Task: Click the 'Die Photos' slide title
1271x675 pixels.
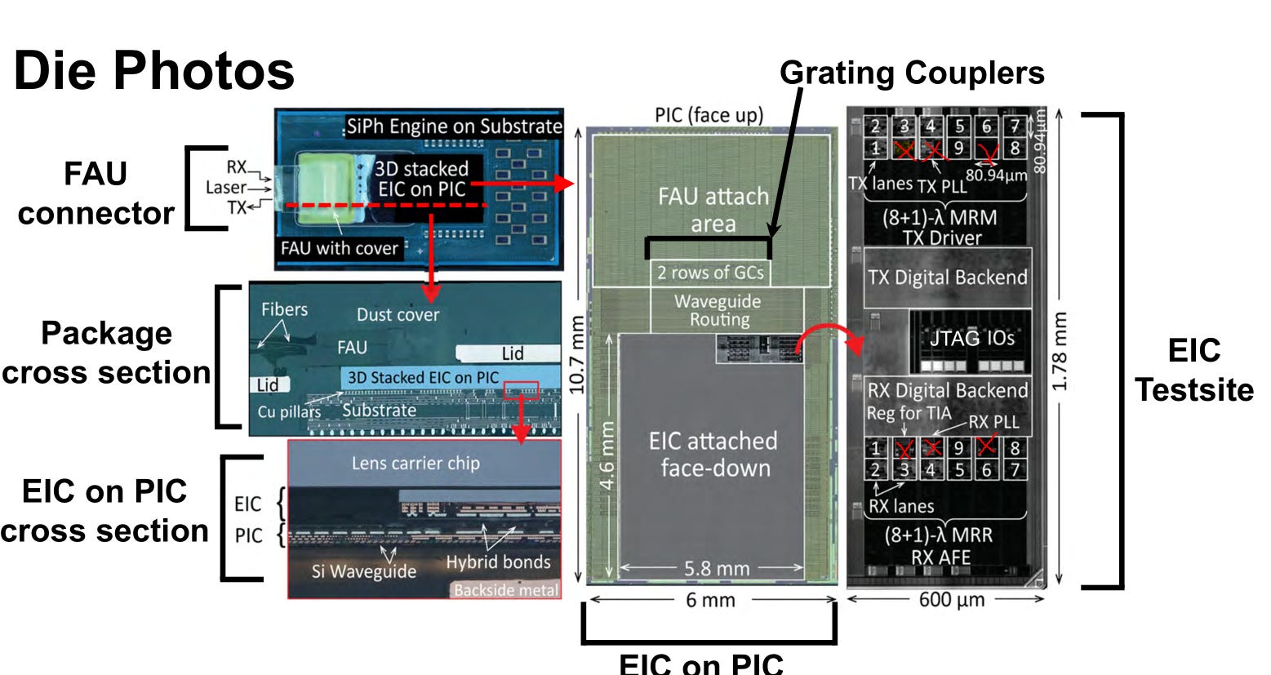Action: [x=153, y=70]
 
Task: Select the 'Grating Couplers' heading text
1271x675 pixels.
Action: [x=912, y=73]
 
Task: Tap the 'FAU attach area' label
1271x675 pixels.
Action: [x=713, y=210]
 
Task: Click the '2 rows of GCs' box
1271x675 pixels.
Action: [x=710, y=272]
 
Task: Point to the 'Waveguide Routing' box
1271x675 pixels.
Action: [x=718, y=310]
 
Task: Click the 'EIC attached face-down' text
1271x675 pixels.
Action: [x=713, y=454]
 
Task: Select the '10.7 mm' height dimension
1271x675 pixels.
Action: [x=577, y=354]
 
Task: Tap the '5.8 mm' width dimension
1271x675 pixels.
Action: [x=716, y=568]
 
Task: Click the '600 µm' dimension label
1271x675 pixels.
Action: [x=952, y=600]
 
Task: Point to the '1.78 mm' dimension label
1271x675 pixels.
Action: [x=1060, y=351]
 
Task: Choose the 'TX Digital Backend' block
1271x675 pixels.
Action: [x=947, y=278]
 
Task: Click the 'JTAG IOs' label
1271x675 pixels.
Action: [x=971, y=338]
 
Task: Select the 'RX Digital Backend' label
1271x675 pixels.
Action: [x=947, y=390]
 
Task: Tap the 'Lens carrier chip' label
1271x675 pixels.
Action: [x=416, y=463]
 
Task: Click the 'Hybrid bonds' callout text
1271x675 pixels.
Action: [x=498, y=562]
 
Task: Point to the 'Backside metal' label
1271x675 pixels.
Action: [x=506, y=590]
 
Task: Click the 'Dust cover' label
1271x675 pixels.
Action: [x=398, y=315]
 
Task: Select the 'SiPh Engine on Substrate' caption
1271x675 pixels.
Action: [x=454, y=127]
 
